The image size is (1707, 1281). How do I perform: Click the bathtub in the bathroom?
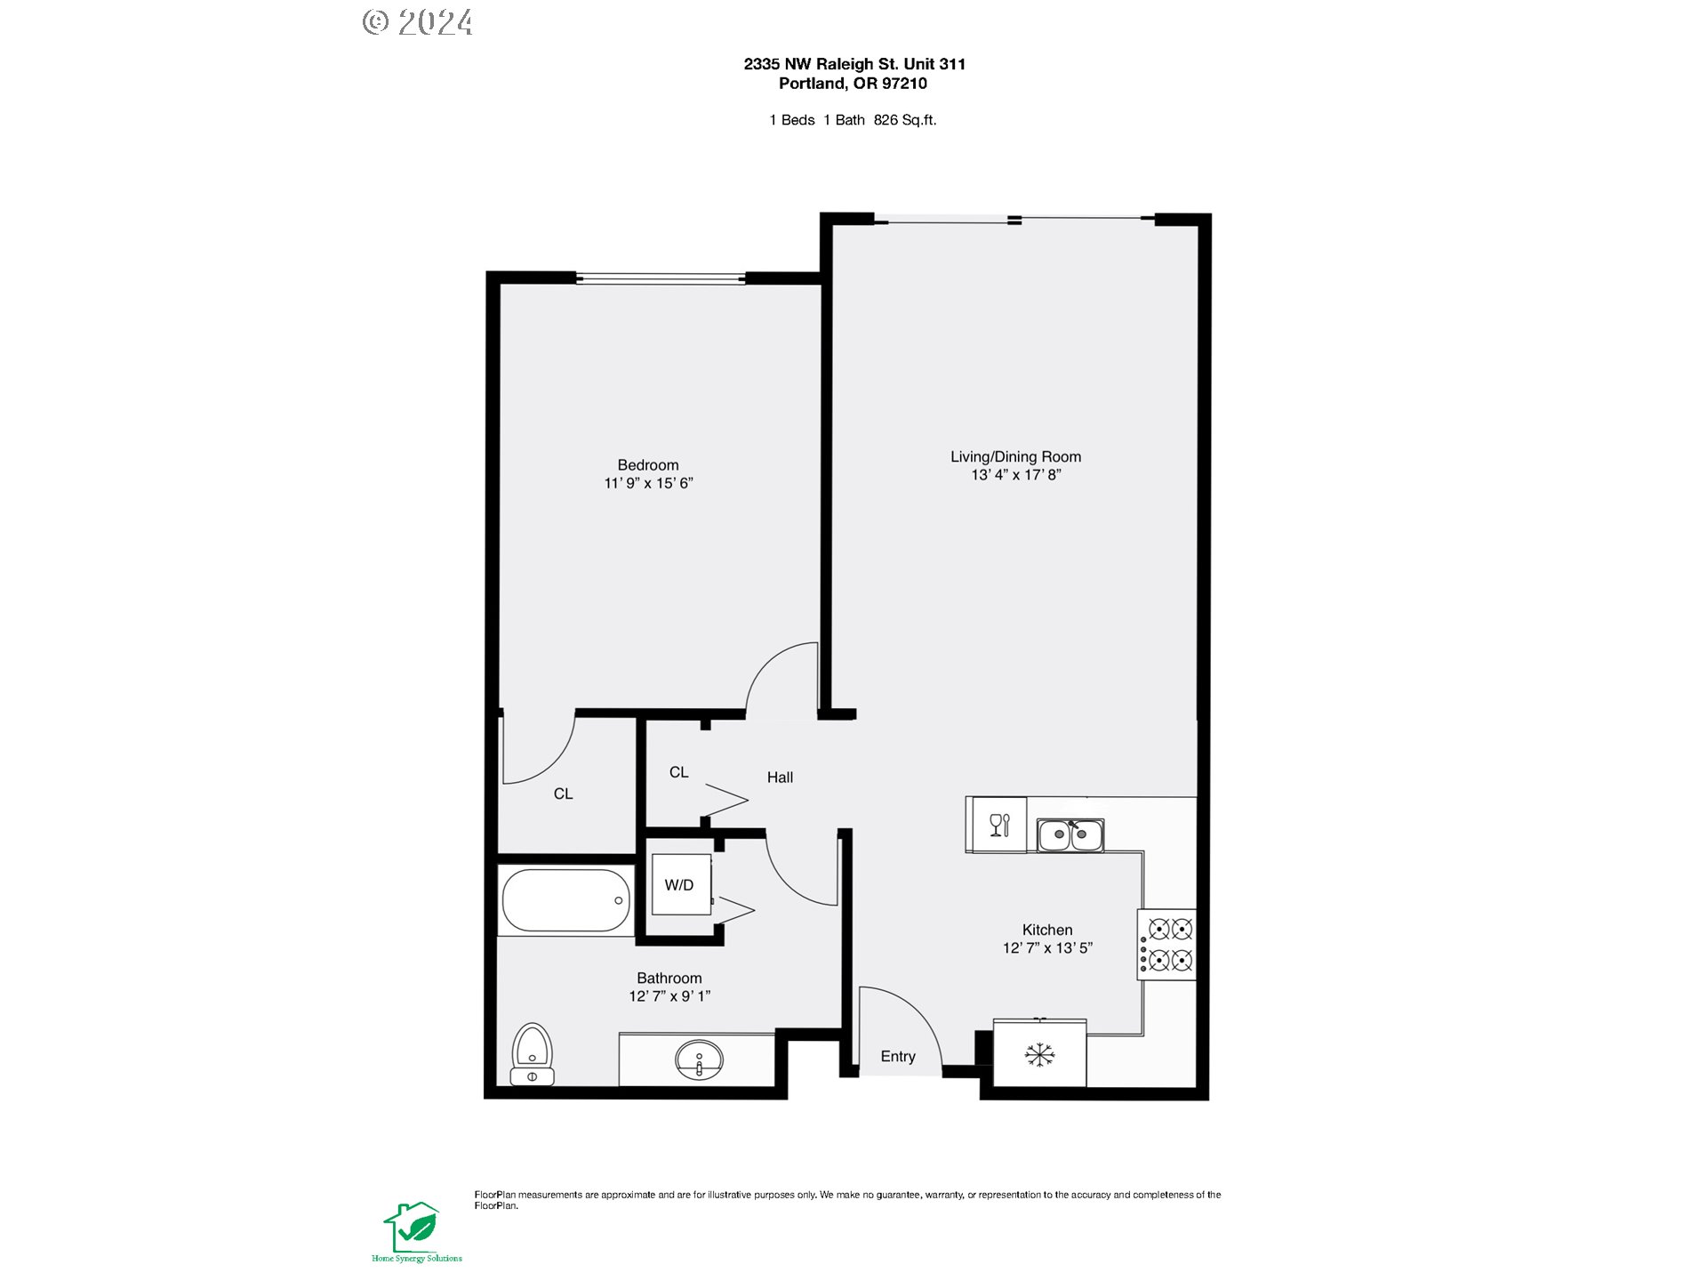[x=566, y=900]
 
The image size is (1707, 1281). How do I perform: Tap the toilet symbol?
[x=533, y=1054]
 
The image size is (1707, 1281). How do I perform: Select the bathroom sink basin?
[x=699, y=1059]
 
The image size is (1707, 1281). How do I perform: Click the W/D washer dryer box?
[x=680, y=884]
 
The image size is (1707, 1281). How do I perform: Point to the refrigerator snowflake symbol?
[x=1038, y=1055]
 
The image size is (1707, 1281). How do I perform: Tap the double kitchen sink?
[x=1070, y=835]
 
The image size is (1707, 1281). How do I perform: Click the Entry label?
[x=898, y=1056]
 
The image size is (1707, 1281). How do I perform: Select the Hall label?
[x=780, y=777]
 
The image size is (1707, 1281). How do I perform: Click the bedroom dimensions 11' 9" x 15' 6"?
[x=648, y=483]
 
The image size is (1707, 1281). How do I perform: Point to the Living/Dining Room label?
[x=1015, y=456]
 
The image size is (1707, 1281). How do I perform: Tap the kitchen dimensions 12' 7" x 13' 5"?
[x=1047, y=948]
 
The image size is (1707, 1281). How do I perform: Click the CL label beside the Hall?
[x=678, y=772]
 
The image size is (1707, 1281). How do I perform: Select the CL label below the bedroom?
[x=563, y=794]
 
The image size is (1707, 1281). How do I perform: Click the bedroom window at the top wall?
[x=660, y=278]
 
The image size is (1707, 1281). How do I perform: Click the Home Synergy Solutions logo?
[x=415, y=1232]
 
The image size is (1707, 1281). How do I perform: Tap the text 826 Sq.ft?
[x=905, y=120]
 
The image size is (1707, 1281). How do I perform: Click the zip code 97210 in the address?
[x=904, y=84]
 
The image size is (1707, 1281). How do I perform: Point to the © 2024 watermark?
[x=418, y=22]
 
